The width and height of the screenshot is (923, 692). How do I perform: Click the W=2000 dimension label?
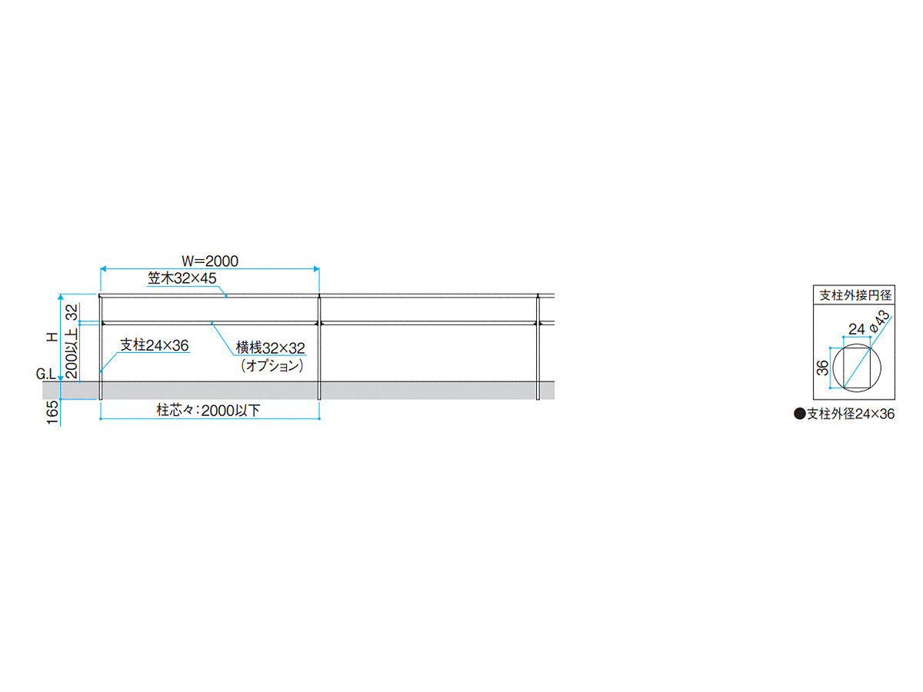point(209,261)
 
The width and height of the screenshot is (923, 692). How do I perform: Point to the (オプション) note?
point(272,366)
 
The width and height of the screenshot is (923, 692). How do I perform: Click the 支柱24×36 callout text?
point(154,345)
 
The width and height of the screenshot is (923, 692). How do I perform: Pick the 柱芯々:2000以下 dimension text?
point(208,410)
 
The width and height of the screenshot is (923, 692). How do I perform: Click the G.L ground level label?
point(45,375)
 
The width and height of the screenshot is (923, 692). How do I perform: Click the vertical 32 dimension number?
point(72,311)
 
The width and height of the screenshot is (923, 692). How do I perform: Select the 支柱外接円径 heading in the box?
point(854,294)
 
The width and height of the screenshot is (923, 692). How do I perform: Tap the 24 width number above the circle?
point(856,329)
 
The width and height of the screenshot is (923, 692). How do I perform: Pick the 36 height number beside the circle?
point(822,367)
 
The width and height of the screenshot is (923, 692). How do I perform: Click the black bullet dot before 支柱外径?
point(799,414)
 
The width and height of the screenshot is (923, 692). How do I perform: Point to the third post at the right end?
point(538,346)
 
